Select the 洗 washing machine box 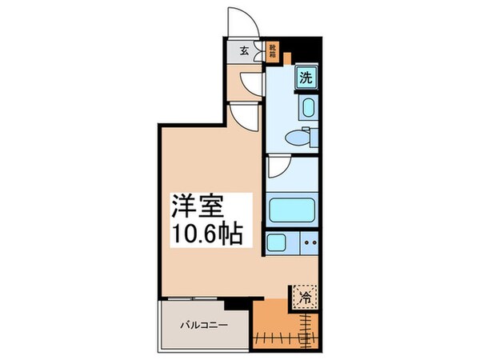[x=306, y=78]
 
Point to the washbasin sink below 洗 [x=308, y=107]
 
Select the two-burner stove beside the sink [x=310, y=242]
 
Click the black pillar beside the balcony [x=234, y=304]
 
